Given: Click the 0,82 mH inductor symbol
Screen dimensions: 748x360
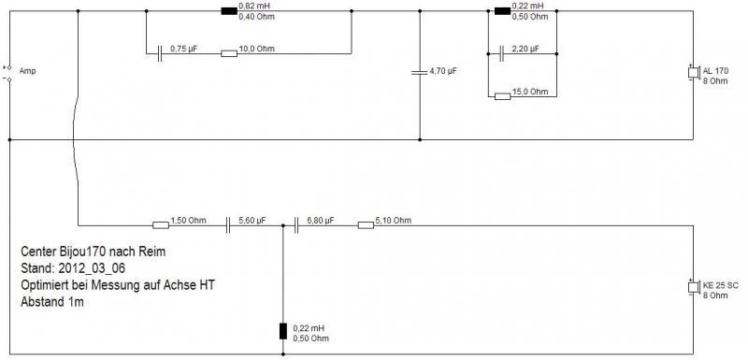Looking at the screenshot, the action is [229, 11].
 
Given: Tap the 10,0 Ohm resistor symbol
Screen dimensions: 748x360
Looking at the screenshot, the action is [229, 53].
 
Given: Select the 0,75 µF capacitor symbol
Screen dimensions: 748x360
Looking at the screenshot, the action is [160, 53].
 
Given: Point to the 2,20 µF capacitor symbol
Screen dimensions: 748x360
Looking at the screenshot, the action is [501, 54].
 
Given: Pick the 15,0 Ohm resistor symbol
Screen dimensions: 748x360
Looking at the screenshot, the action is [502, 97].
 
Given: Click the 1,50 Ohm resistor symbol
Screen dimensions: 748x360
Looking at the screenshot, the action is [161, 225].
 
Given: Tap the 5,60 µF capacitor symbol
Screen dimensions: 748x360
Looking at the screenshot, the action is [228, 225].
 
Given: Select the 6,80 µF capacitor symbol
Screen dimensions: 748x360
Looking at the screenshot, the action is [296, 225].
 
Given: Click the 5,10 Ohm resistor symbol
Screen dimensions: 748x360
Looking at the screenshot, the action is [366, 225].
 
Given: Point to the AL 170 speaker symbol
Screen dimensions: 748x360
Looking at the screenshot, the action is [693, 73].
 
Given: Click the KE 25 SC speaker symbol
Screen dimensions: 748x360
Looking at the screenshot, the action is [693, 287].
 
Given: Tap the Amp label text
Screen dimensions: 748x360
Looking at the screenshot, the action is [27, 71].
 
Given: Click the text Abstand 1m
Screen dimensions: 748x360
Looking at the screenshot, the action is [52, 302].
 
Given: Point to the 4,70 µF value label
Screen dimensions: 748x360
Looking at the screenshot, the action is [443, 72].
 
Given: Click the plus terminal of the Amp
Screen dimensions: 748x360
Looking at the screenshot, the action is [9, 68].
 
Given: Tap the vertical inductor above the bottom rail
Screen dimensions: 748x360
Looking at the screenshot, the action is [283, 331].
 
